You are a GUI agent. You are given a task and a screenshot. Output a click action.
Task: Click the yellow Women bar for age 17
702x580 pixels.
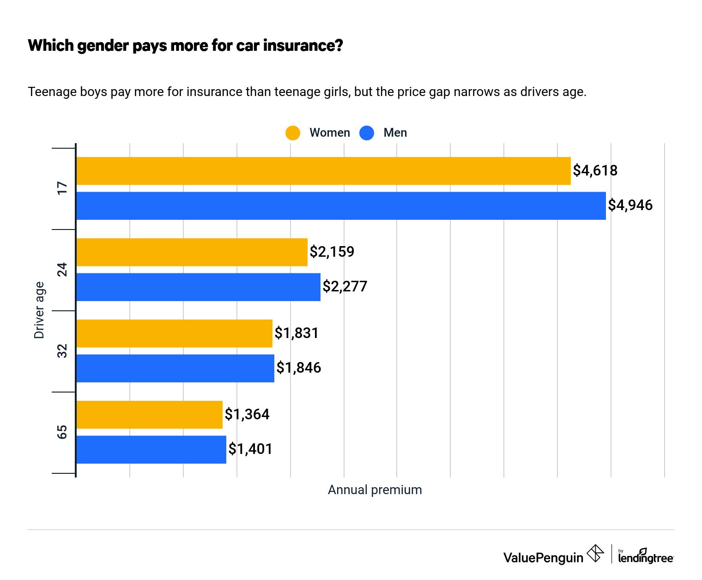(x=323, y=171)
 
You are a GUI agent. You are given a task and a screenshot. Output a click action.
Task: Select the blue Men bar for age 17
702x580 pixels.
(x=341, y=206)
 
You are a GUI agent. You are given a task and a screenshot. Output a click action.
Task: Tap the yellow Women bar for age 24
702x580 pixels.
(x=192, y=252)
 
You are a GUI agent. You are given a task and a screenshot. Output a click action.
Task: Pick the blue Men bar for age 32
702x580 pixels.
(x=175, y=369)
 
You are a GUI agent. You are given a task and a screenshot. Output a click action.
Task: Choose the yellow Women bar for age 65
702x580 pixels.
(x=149, y=415)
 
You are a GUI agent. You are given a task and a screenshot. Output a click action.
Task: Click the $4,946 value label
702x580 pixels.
(x=630, y=205)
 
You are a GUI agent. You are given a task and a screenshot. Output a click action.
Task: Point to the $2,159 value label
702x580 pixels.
(x=332, y=252)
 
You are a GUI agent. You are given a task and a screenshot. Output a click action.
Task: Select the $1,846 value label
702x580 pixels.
(x=298, y=368)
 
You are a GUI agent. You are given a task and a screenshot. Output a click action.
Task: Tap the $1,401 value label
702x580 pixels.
(x=250, y=449)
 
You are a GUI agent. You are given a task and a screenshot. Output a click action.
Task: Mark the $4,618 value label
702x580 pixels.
(x=595, y=170)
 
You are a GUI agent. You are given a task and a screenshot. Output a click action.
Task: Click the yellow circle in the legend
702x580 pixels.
(x=293, y=133)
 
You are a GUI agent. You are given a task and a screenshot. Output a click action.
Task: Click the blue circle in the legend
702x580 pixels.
(x=367, y=133)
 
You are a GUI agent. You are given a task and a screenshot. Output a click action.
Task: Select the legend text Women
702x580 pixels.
(x=329, y=133)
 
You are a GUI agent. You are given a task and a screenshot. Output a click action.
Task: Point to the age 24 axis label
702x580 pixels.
(x=62, y=269)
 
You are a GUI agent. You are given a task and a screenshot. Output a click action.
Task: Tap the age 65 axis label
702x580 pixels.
(x=62, y=432)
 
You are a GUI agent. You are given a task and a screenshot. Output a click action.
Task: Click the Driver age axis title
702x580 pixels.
(x=39, y=310)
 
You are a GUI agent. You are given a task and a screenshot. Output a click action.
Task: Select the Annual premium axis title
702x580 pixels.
(x=375, y=490)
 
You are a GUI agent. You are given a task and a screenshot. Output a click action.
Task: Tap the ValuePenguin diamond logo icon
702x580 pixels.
(x=595, y=553)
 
